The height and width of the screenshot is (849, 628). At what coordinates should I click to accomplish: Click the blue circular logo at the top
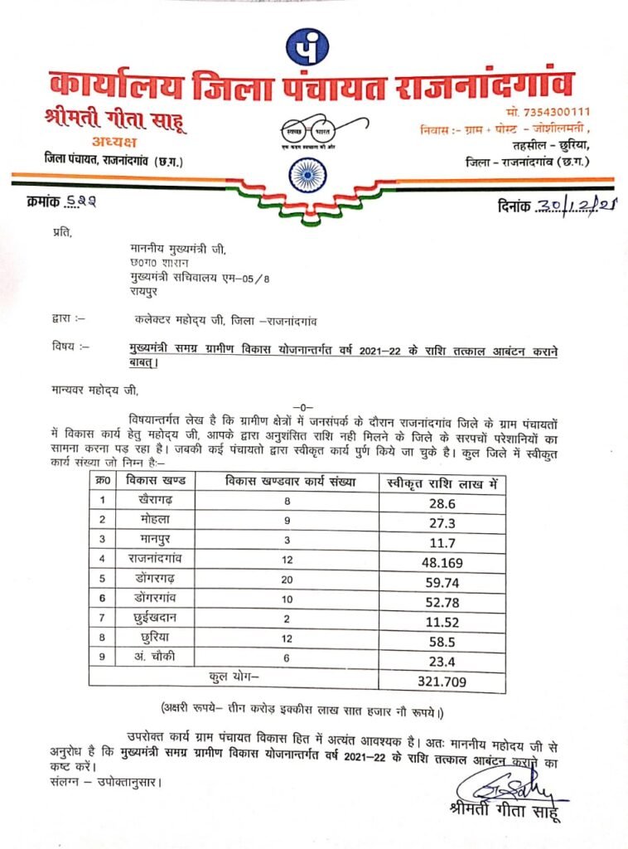[307, 47]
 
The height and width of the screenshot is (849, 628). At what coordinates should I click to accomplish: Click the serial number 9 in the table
[102, 660]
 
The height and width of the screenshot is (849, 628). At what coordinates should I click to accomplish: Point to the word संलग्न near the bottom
[58, 781]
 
